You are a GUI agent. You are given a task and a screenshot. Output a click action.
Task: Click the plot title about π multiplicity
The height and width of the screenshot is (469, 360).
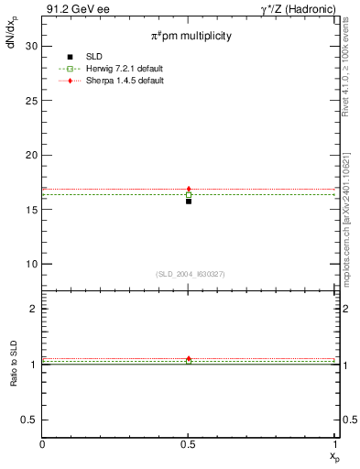click(192, 36)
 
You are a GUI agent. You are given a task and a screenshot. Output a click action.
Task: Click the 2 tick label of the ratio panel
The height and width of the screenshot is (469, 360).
click(34, 310)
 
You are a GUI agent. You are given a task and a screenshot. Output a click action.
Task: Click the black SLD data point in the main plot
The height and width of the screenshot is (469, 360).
click(189, 201)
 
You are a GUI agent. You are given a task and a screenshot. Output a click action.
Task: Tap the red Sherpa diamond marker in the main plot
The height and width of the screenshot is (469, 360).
click(189, 189)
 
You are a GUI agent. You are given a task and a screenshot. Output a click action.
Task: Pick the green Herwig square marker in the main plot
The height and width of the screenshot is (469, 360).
click(189, 194)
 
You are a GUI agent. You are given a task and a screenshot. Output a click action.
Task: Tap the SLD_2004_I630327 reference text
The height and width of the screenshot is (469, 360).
click(190, 274)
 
